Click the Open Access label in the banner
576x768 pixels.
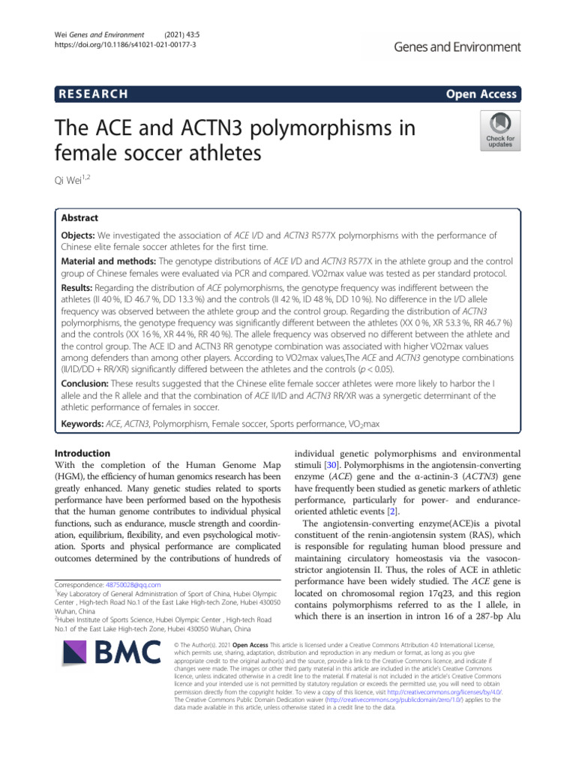pyautogui.click(x=481, y=94)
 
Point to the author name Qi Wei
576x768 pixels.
pyautogui.click(x=77, y=181)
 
